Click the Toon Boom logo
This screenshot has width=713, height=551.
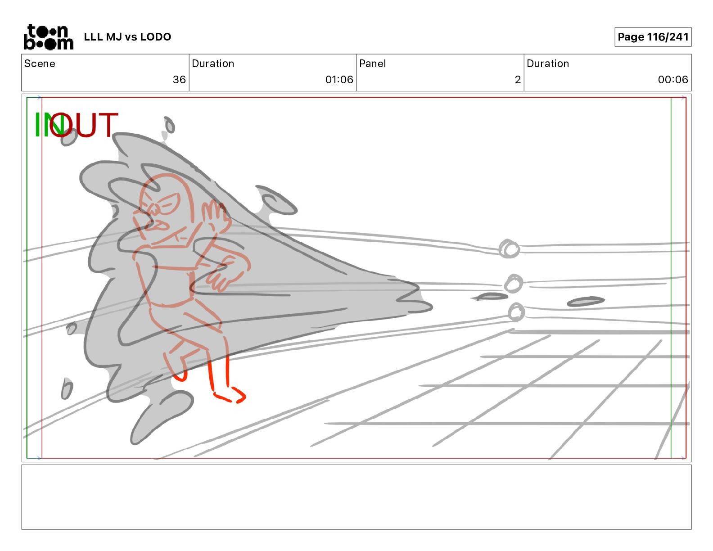click(49, 37)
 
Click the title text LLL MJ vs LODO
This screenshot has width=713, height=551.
click(127, 37)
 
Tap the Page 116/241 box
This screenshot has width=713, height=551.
click(653, 37)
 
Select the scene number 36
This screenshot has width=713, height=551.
click(179, 79)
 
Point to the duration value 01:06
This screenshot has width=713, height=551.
click(339, 79)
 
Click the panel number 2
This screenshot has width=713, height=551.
click(518, 79)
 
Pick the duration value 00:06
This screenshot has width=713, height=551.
click(672, 79)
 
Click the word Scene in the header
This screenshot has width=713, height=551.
click(40, 63)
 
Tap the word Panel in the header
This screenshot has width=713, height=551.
click(372, 63)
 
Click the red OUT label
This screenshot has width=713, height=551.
click(84, 125)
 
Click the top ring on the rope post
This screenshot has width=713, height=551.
click(509, 248)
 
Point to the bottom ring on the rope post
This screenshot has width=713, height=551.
click(516, 312)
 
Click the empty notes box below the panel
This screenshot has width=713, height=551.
click(356, 497)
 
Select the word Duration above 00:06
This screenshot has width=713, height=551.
click(548, 63)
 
